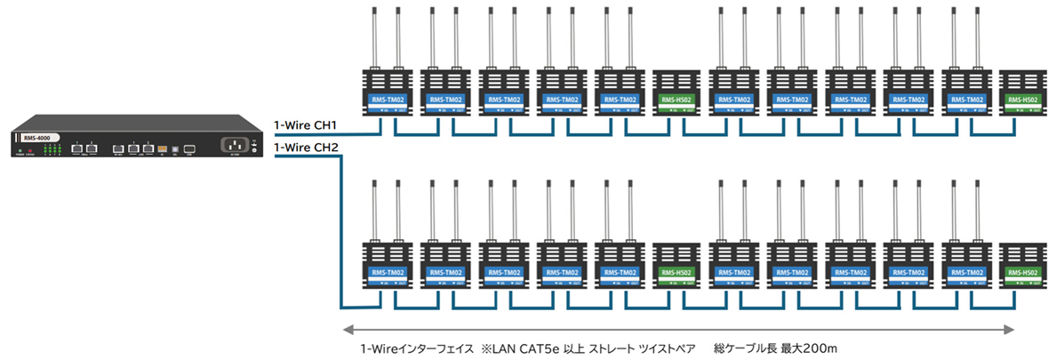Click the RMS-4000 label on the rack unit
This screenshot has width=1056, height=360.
[37, 138]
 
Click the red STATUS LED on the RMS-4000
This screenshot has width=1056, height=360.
[30, 150]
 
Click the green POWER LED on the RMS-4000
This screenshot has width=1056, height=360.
[20, 150]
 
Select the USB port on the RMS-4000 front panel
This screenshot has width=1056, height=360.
[189, 148]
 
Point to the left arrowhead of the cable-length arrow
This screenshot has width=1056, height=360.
[348, 328]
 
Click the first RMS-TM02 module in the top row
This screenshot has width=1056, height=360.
[386, 100]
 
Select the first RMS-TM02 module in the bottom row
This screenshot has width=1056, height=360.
[386, 272]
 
